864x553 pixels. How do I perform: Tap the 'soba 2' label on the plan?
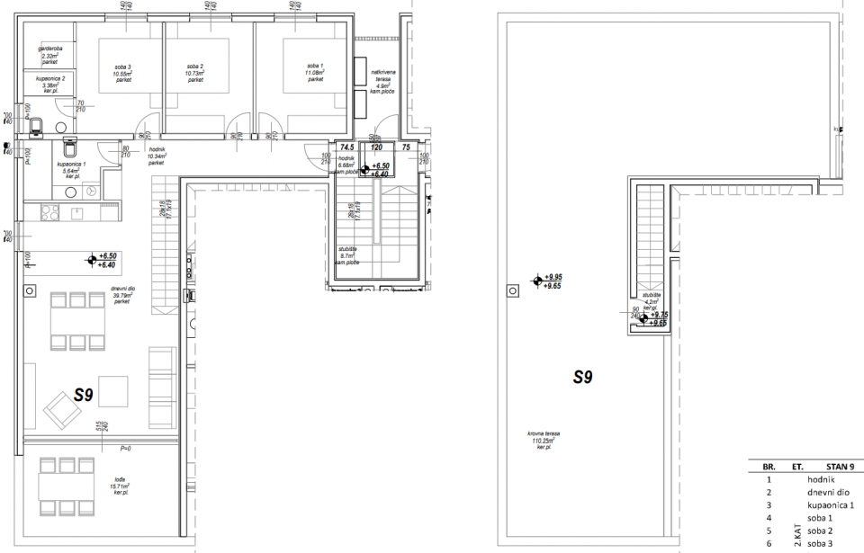(195, 67)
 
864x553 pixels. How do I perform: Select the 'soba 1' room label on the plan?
(315, 67)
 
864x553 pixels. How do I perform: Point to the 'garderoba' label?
(49, 49)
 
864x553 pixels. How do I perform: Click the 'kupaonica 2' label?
(51, 79)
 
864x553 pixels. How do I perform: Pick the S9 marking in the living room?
(85, 394)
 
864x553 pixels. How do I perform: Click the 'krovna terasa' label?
(544, 433)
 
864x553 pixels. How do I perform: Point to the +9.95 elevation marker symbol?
(537, 281)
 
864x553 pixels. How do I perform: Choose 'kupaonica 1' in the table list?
(828, 505)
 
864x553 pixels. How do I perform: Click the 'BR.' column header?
(769, 468)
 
